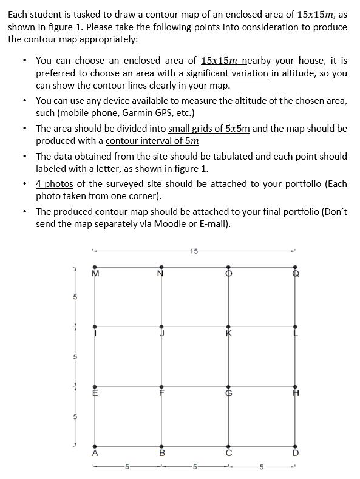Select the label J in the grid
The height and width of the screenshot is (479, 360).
(162, 332)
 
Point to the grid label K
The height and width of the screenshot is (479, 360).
(229, 332)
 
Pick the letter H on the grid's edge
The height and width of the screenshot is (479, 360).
(296, 393)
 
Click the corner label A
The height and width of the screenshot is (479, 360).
(95, 452)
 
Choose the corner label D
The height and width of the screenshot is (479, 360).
(296, 452)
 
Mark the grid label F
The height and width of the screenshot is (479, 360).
(162, 393)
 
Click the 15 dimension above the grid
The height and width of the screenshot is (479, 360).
(193, 250)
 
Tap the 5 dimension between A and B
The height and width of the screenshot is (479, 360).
(127, 467)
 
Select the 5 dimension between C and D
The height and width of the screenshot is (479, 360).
(262, 467)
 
